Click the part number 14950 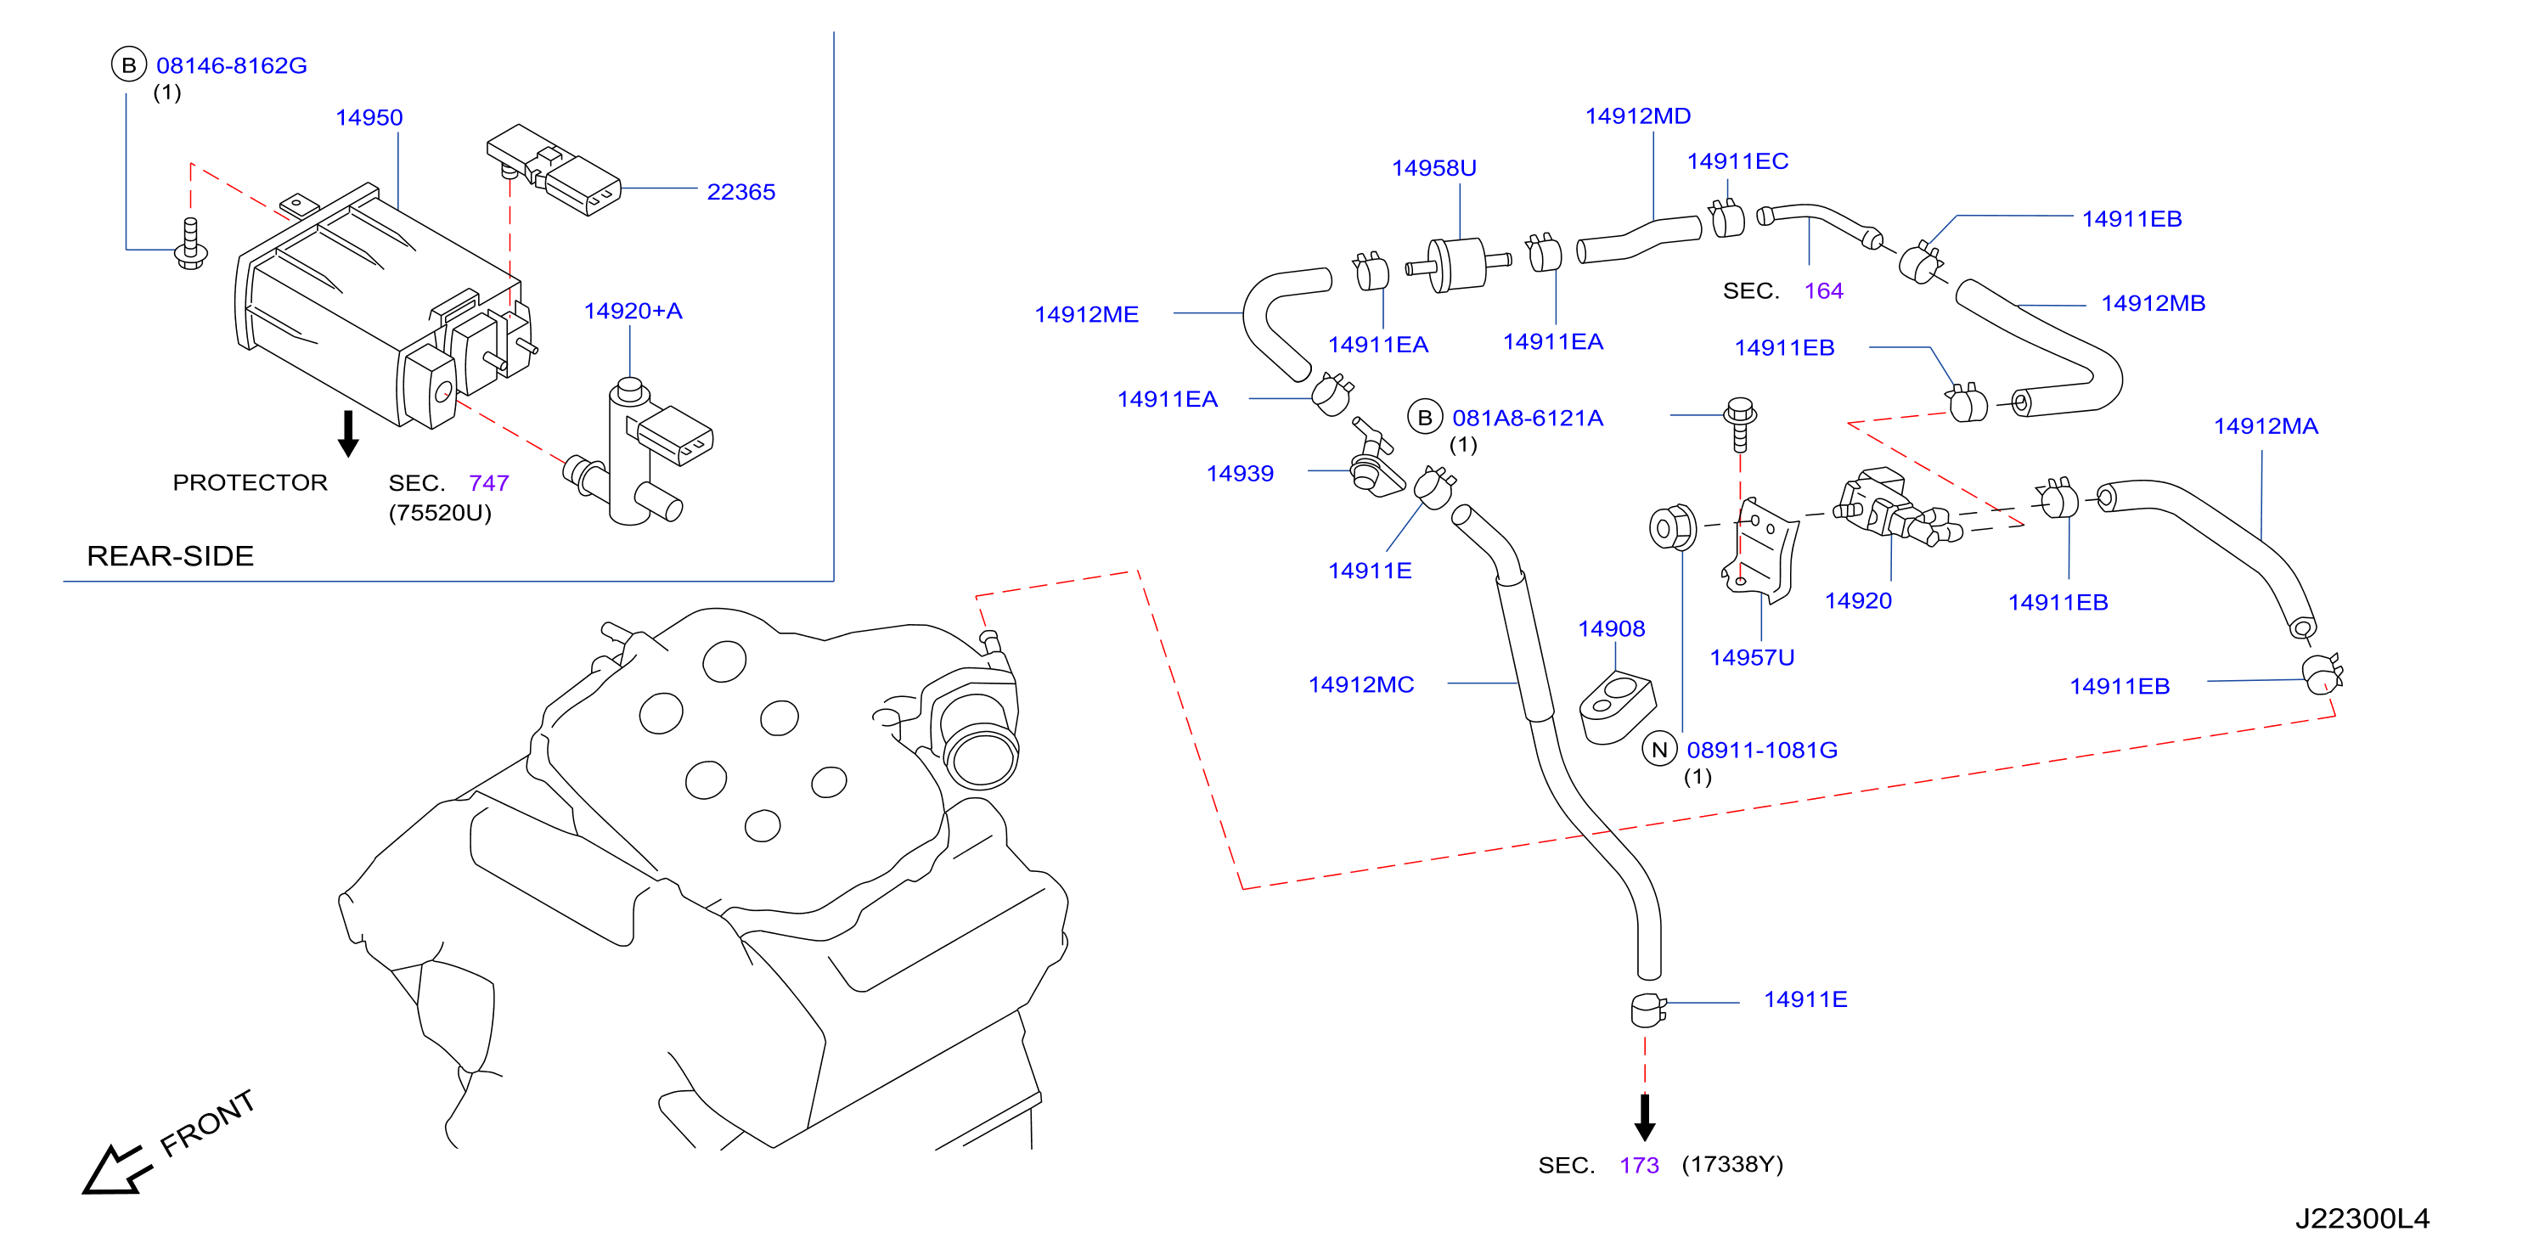(x=369, y=118)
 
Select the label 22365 (x=741, y=193)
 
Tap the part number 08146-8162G (x=232, y=65)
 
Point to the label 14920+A (x=633, y=311)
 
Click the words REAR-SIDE (x=170, y=556)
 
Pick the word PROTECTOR (x=251, y=483)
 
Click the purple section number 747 (x=489, y=483)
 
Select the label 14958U (x=1433, y=168)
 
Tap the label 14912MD (x=1638, y=115)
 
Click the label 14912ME (x=1086, y=314)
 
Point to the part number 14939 (x=1240, y=473)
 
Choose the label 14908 (x=1612, y=628)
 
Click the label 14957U (x=1752, y=657)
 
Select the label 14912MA (x=2266, y=426)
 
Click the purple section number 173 (x=1639, y=1165)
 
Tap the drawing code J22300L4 (x=2362, y=1218)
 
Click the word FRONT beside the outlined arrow (x=208, y=1122)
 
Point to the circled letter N (x=1659, y=750)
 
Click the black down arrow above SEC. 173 (x=1646, y=1117)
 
